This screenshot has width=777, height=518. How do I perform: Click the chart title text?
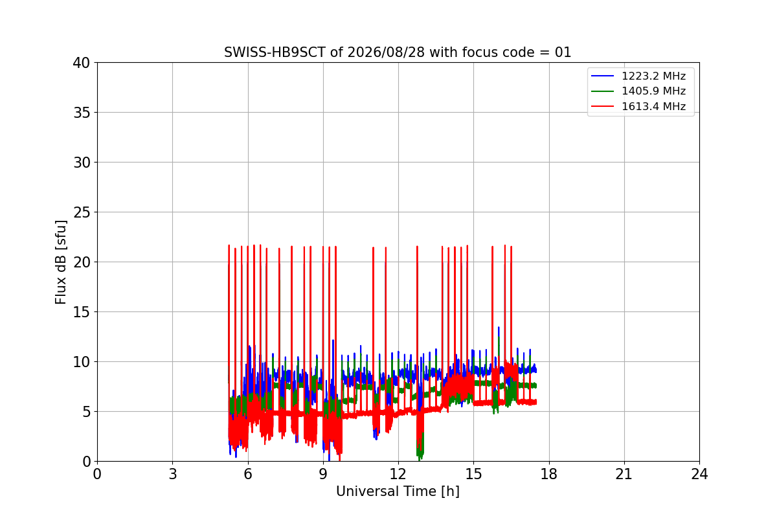(x=398, y=52)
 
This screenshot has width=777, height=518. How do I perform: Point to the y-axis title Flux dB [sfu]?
(x=60, y=262)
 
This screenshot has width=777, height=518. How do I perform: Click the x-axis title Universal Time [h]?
(x=398, y=491)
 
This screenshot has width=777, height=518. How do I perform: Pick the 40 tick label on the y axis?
(x=81, y=63)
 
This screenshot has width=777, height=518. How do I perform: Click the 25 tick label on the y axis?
(x=81, y=212)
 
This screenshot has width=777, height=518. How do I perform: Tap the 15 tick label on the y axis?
(x=81, y=312)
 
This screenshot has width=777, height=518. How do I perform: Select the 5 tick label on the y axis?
(x=86, y=412)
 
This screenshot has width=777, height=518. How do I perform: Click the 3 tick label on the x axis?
(x=173, y=474)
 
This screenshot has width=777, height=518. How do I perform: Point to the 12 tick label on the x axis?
(x=398, y=474)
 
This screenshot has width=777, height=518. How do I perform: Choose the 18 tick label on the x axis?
(x=549, y=474)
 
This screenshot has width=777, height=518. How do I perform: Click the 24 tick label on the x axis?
(x=699, y=474)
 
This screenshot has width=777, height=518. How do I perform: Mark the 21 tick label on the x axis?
(x=624, y=474)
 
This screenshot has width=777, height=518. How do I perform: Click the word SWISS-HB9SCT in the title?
(x=275, y=52)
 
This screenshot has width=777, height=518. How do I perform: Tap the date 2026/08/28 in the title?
(x=386, y=52)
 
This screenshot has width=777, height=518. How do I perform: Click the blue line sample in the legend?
(x=603, y=76)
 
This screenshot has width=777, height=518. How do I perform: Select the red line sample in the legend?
(x=603, y=107)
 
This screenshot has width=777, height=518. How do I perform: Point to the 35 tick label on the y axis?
(x=81, y=113)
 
